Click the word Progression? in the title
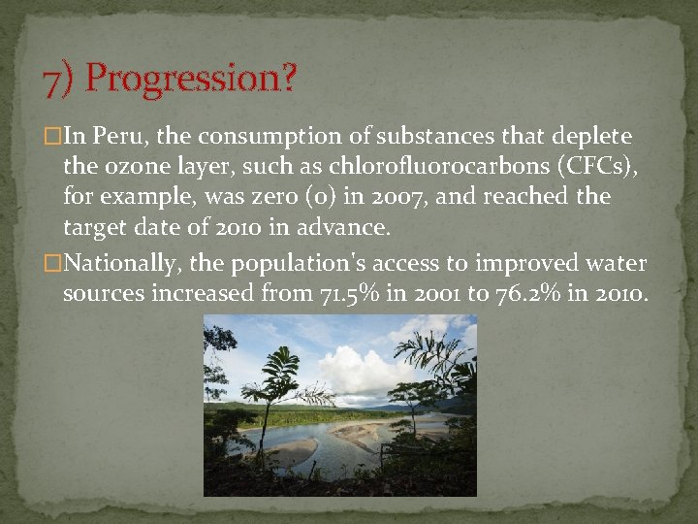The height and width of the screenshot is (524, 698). tap(191, 79)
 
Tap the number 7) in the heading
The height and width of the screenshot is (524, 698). tap(58, 80)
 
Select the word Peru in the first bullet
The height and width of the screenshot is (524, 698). tap(115, 136)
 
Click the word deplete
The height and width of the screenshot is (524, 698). tap(593, 136)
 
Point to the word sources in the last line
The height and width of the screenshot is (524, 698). tap(103, 294)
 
